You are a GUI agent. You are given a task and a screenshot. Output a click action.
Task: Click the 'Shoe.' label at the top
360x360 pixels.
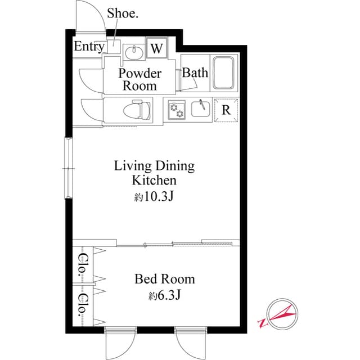pos(122,14)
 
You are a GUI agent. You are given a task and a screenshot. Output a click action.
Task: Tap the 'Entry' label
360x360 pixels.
pos(89,47)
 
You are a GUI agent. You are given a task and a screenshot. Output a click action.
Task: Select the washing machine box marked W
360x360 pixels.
pos(156,48)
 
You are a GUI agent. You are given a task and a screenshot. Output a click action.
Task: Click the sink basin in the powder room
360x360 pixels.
pos(133,52)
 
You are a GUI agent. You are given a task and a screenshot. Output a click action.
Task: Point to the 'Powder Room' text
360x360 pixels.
pos(140,80)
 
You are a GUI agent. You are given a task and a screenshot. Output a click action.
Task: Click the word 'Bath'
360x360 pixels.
pos(195,73)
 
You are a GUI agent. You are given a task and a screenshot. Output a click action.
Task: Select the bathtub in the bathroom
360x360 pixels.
pos(225,73)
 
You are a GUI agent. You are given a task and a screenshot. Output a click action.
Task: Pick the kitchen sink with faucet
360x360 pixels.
pos(200,107)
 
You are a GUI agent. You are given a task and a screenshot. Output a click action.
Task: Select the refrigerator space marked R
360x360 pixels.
pos(226,110)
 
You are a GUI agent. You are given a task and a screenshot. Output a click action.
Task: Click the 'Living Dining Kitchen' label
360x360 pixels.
pos(154,173)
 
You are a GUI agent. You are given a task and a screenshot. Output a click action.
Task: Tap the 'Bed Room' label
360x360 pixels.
pos(165,279)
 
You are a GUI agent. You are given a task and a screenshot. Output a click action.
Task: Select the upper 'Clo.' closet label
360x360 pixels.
pos(83,263)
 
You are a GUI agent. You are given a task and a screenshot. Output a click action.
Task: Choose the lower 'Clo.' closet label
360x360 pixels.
pos(83,304)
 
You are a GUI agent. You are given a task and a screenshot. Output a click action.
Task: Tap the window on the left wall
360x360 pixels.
pos(68,168)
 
